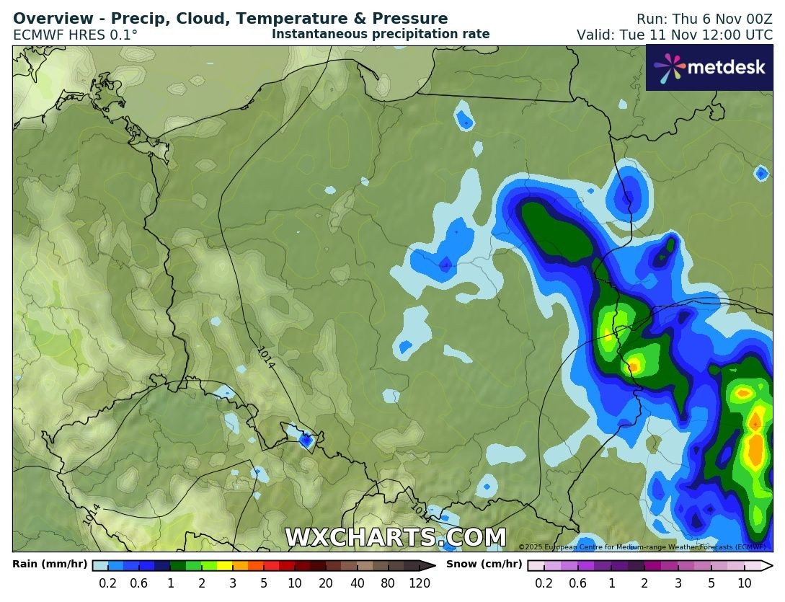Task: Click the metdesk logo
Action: (x=709, y=68)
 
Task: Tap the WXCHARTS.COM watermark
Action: (x=395, y=538)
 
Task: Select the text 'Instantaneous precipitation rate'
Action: (x=381, y=34)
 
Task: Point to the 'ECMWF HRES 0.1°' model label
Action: (x=76, y=35)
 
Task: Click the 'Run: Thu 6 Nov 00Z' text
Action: (x=704, y=19)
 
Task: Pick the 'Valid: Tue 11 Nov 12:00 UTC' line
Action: (x=674, y=35)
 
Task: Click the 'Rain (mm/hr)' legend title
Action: (x=50, y=565)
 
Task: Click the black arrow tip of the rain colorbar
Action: (x=431, y=566)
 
